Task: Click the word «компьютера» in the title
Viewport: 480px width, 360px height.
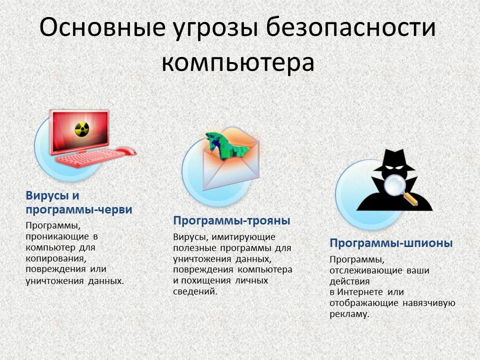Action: click(x=238, y=62)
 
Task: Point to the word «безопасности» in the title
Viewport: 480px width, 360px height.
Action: click(x=350, y=26)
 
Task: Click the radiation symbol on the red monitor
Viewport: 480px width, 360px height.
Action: click(x=82, y=129)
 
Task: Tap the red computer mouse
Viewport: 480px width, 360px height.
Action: click(x=125, y=151)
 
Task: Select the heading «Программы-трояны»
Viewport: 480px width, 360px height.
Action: click(x=231, y=220)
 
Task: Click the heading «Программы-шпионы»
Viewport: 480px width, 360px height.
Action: click(x=391, y=243)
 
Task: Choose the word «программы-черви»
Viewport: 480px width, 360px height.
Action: click(x=79, y=209)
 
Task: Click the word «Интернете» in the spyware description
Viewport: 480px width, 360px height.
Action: click(x=360, y=292)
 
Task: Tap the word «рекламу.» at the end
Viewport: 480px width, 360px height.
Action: click(x=349, y=314)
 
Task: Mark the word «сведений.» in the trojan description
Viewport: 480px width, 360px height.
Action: click(x=195, y=291)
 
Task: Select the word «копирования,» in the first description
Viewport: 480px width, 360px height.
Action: click(x=56, y=258)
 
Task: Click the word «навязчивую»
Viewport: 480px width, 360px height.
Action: click(x=429, y=303)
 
